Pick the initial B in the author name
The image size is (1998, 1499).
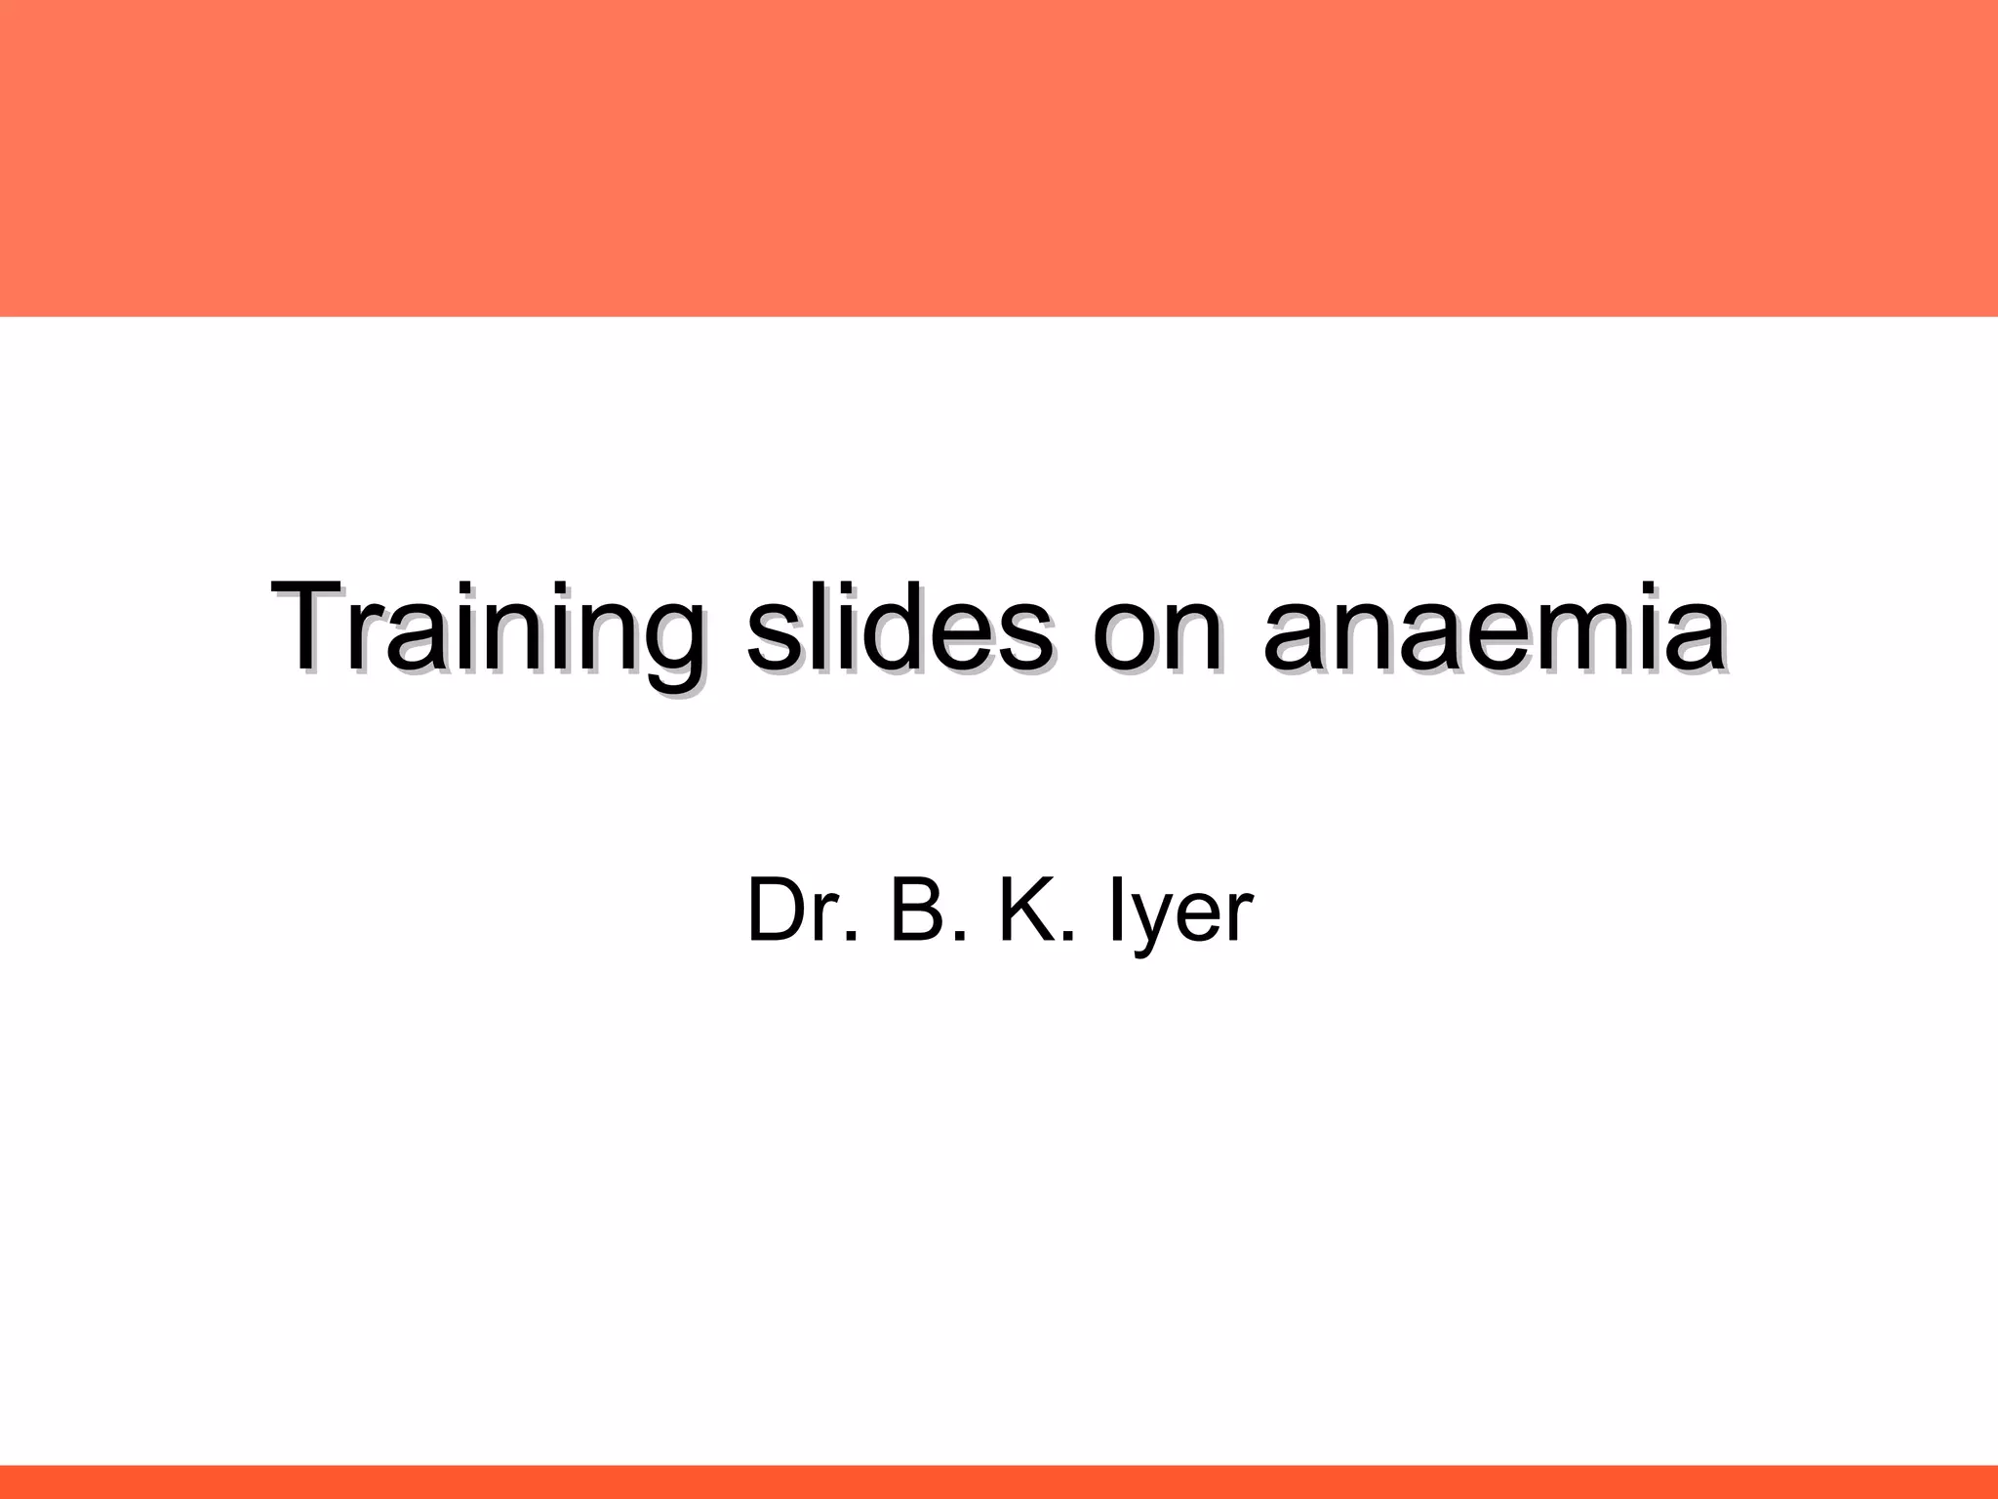point(917,911)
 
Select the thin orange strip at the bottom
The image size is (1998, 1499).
point(999,1481)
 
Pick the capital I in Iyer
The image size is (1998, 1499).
point(1114,911)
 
